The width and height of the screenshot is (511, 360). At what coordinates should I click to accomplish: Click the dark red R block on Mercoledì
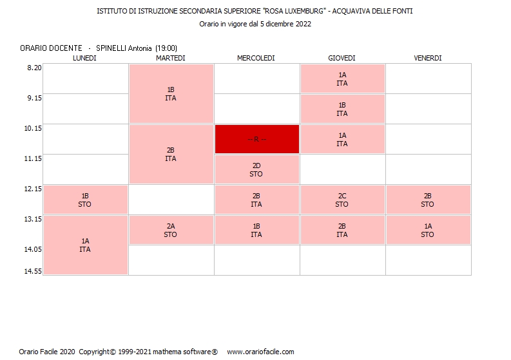coord(256,139)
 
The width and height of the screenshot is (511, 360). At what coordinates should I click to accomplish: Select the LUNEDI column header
coord(85,58)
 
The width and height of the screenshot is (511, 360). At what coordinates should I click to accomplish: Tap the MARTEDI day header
coord(171,58)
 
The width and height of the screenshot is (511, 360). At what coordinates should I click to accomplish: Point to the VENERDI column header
coord(428,58)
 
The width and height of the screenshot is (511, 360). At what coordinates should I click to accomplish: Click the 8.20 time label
coord(33,68)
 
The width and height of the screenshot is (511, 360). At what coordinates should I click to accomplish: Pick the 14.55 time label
coord(33,271)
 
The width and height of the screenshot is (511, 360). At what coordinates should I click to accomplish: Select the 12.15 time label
coord(33,189)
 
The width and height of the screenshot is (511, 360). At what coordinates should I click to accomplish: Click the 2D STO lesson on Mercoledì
coord(256,169)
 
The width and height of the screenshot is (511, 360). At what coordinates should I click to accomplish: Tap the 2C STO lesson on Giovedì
coord(342,200)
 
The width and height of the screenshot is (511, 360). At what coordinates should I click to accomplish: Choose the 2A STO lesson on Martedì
coord(171,230)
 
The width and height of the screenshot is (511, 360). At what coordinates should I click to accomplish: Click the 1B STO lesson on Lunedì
coord(85,200)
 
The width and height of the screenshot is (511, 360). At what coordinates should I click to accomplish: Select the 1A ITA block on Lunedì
coord(85,245)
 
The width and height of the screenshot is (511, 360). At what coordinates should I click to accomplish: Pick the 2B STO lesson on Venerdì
coord(428,200)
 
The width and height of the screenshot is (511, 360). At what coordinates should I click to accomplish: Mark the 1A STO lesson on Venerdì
coord(428,230)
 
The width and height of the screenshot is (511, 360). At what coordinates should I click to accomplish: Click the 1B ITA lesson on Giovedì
coord(342,109)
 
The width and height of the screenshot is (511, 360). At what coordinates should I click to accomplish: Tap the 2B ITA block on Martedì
coord(171,154)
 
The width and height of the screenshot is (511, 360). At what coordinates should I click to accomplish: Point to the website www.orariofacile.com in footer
coord(260,352)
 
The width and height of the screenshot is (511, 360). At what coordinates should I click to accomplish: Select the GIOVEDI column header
coord(342,58)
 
